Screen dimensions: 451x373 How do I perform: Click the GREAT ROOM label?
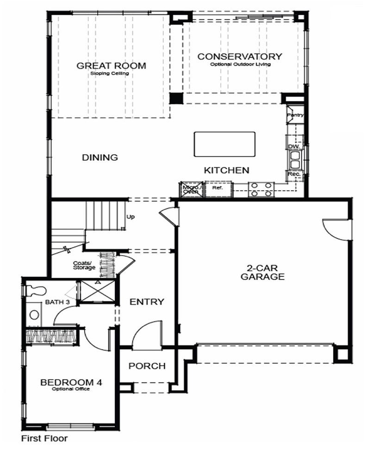[x=111, y=66]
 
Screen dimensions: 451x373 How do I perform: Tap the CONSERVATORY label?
[x=240, y=56]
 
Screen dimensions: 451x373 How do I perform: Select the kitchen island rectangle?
[x=224, y=144]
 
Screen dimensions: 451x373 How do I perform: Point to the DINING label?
[x=100, y=157]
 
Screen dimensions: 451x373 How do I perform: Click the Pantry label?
[x=294, y=115]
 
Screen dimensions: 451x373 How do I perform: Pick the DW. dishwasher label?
[x=294, y=146]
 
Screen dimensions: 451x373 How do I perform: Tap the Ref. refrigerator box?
[x=217, y=188]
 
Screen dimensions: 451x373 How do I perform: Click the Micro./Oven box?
[x=190, y=189]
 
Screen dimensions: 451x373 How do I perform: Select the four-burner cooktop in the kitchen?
[x=261, y=189]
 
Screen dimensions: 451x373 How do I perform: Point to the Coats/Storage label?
[x=84, y=265]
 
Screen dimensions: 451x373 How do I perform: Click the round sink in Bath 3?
[x=34, y=315]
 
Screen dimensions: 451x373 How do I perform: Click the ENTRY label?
[x=147, y=302]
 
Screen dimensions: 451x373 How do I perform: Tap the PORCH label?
[x=147, y=366]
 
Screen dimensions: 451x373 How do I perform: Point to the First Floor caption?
[x=44, y=438]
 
